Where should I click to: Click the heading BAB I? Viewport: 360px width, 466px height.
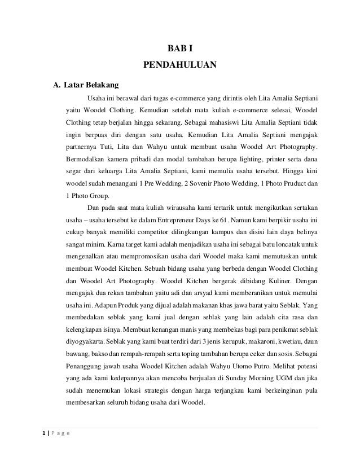[x=180, y=48]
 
